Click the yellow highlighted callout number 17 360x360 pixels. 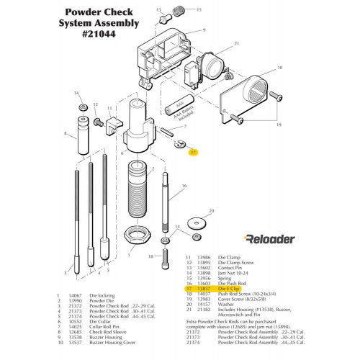pyautogui.click(x=193, y=152)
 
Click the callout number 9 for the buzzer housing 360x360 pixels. pyautogui.click(x=204, y=30)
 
